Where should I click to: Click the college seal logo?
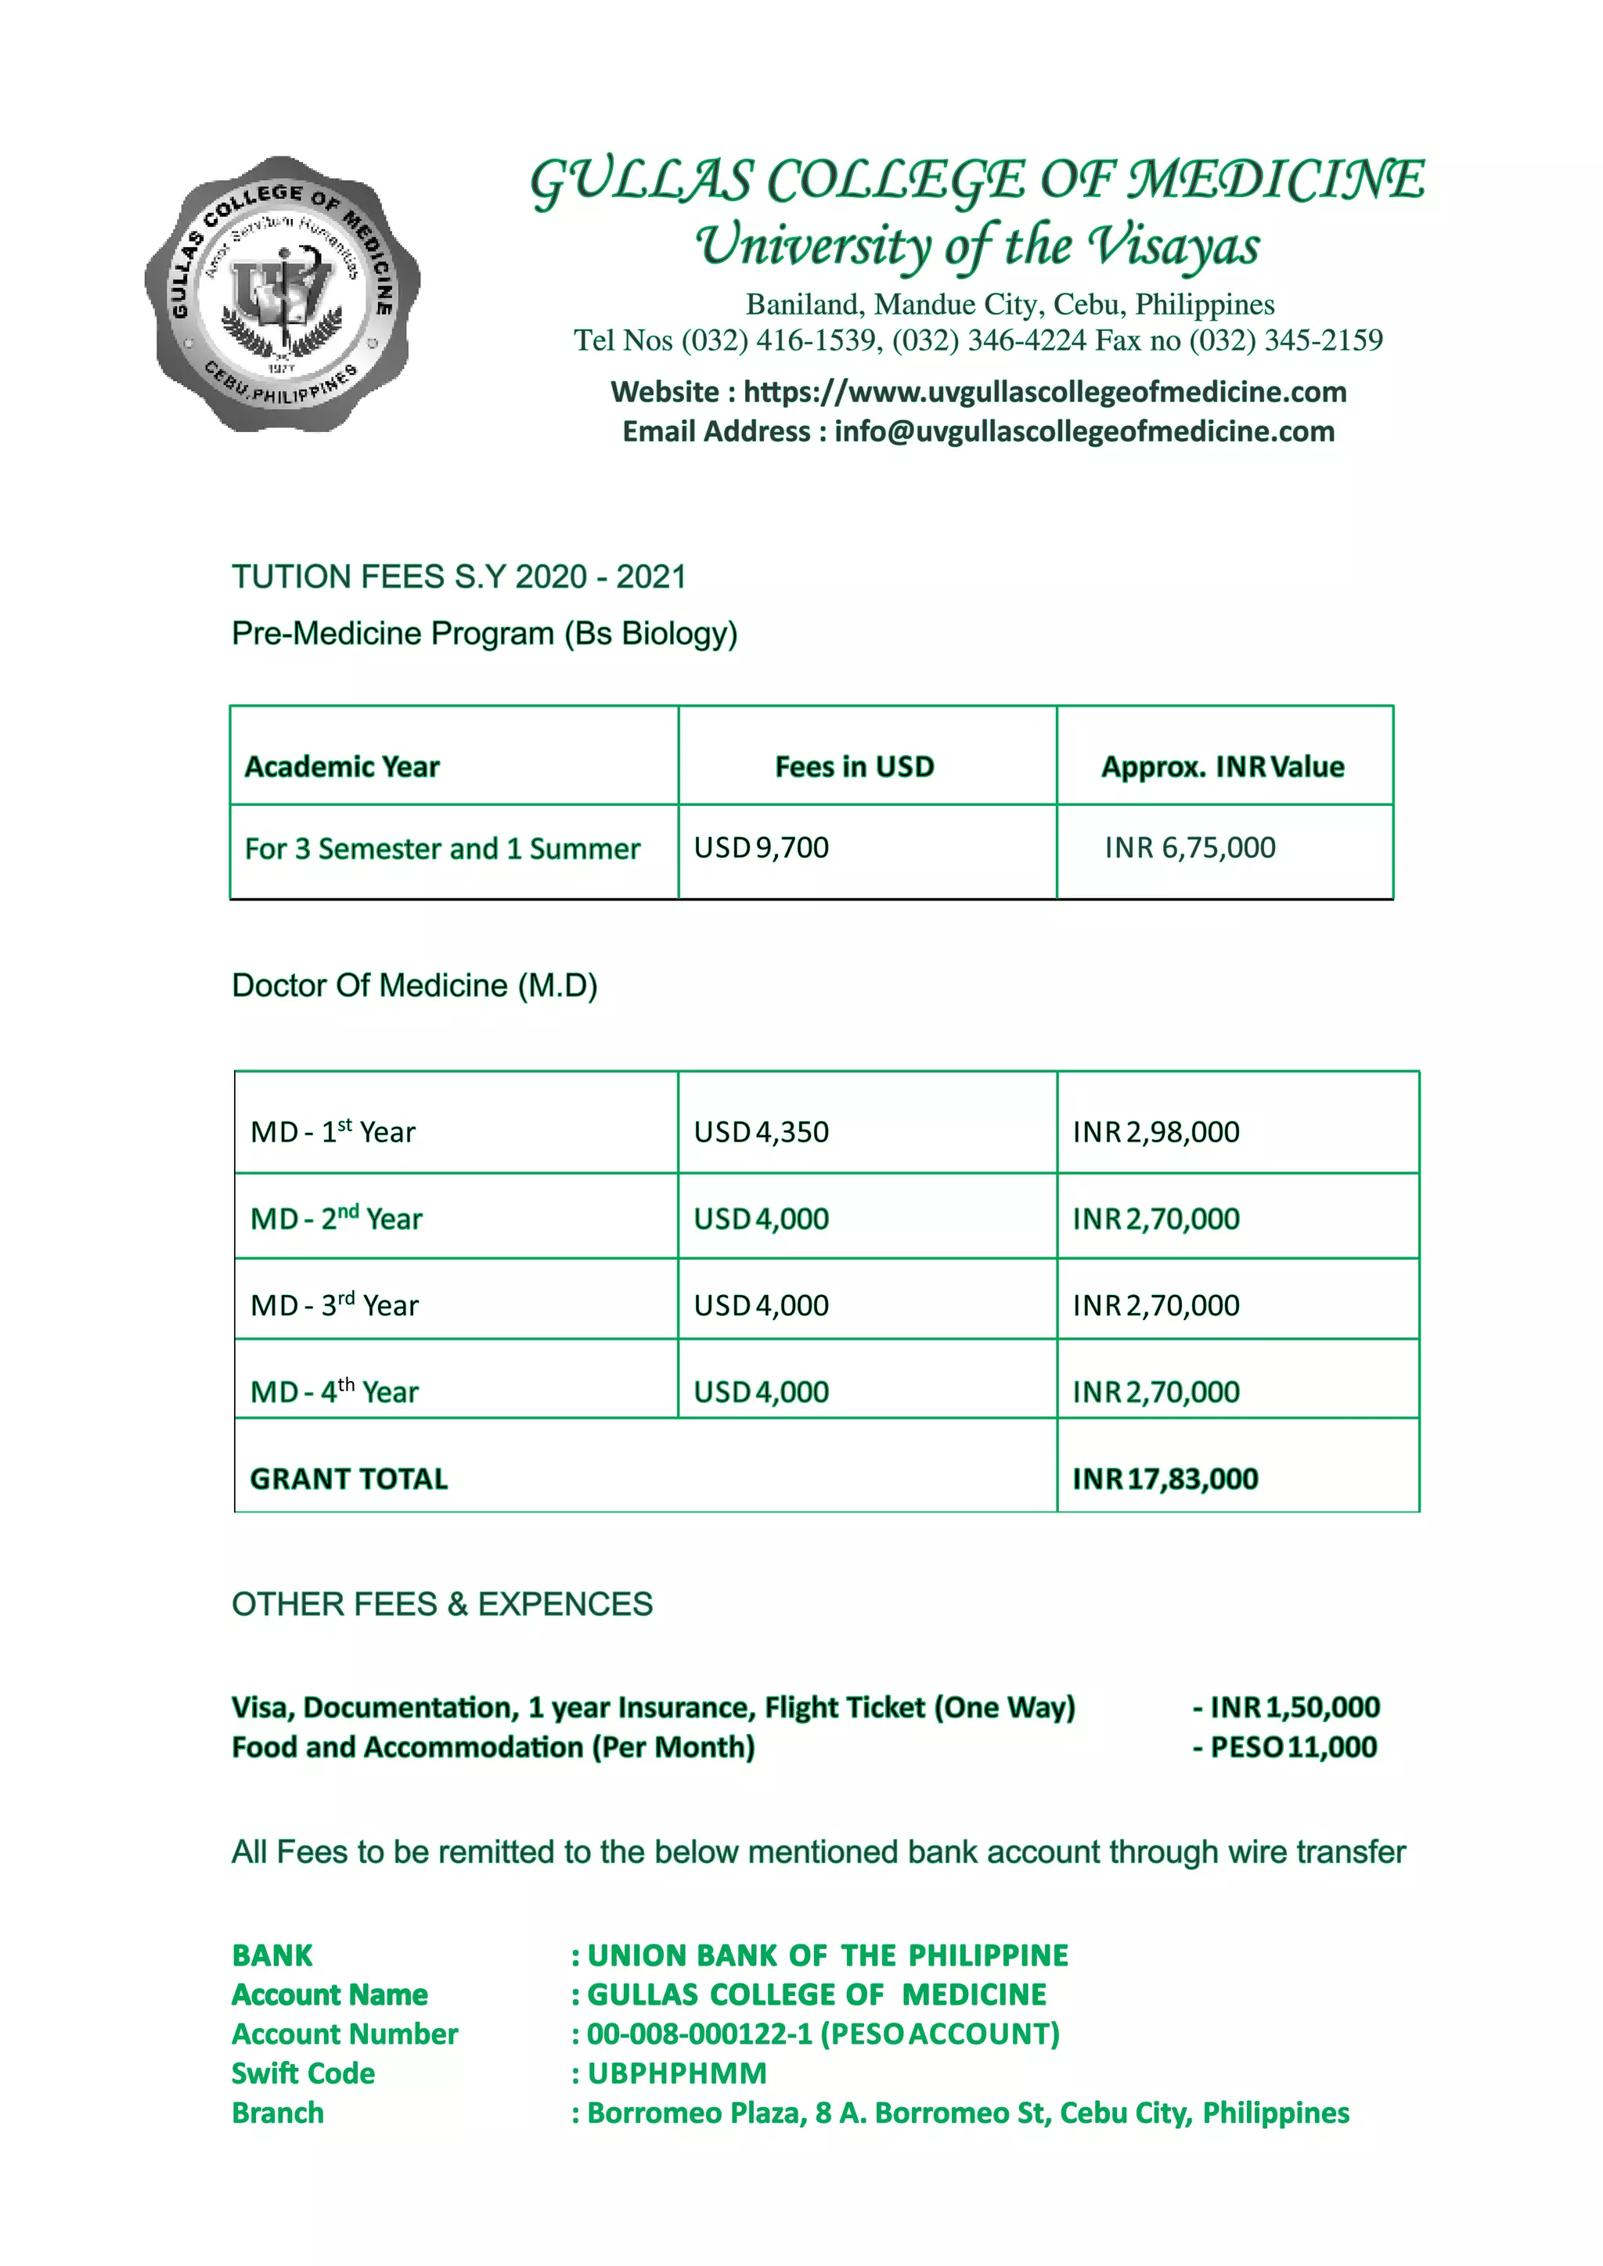coord(283,293)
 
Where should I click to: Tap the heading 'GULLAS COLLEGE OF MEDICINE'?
coord(977,181)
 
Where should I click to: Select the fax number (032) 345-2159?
coord(1285,340)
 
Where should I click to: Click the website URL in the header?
coord(1044,392)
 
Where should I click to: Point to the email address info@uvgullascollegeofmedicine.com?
coord(1084,431)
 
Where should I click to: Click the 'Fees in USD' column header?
coord(854,767)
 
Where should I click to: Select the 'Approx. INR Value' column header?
coord(1222,767)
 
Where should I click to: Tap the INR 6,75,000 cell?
coord(1190,847)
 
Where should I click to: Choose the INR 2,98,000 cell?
coord(1156,1132)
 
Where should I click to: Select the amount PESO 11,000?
coord(1293,1747)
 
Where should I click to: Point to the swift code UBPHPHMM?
coord(677,2074)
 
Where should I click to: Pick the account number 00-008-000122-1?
coord(701,2034)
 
